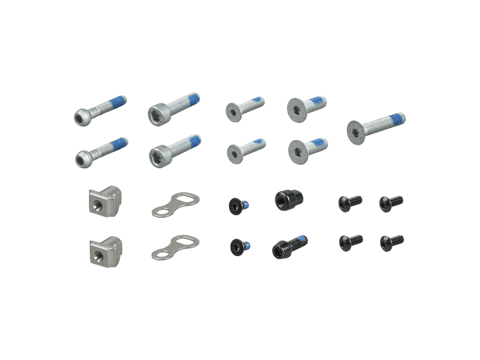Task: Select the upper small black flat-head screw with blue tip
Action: coord(236,205)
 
